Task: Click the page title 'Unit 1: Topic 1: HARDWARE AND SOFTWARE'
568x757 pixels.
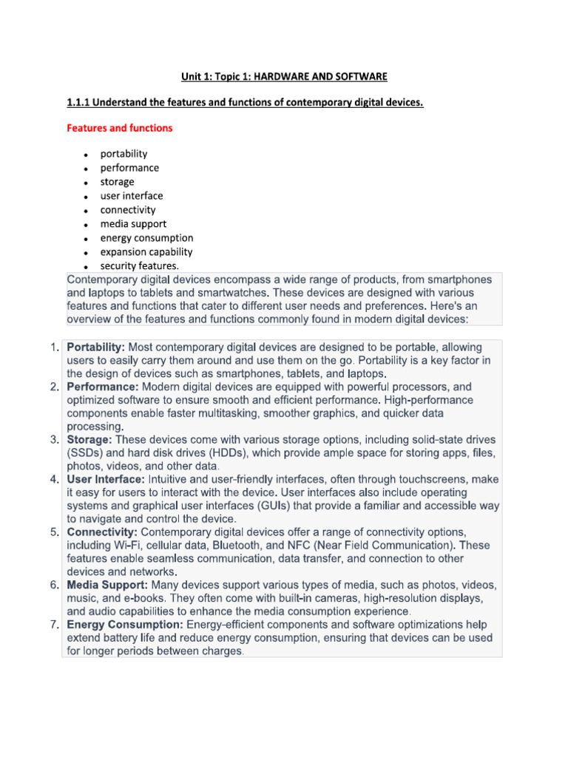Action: click(x=284, y=77)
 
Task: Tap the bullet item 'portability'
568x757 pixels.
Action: click(x=124, y=154)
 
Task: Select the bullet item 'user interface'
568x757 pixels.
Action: click(x=132, y=196)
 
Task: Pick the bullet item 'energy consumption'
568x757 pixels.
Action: click(x=146, y=238)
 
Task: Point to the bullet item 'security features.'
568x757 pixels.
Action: click(x=140, y=266)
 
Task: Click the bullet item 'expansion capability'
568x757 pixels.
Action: click(x=146, y=252)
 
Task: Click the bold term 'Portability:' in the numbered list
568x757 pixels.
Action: click(x=96, y=347)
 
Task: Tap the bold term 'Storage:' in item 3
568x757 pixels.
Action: click(x=89, y=440)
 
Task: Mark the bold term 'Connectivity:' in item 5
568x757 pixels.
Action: click(x=102, y=533)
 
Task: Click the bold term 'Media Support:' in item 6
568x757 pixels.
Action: click(x=107, y=585)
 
